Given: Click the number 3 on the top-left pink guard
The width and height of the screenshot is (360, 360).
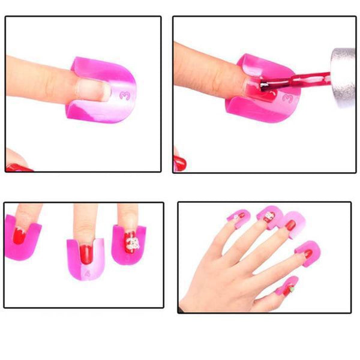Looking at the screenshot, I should (124, 94).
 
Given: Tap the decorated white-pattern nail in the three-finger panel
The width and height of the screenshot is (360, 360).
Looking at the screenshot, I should (131, 241).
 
